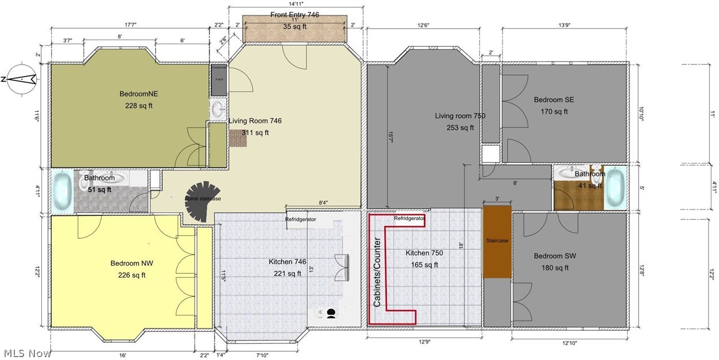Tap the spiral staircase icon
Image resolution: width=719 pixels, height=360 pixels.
(x=203, y=200)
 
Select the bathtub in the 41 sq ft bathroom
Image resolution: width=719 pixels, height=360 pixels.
(x=616, y=187)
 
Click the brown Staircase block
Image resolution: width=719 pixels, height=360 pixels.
(x=496, y=242)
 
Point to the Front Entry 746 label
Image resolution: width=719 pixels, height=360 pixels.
(x=294, y=15)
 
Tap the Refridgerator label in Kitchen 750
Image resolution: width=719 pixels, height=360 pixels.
(x=409, y=219)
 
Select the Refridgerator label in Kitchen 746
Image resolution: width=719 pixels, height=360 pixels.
(x=301, y=219)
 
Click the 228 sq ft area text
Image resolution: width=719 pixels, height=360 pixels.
(x=139, y=106)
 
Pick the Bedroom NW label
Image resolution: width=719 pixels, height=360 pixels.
(x=131, y=264)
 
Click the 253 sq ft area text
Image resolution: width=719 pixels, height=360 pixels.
(x=460, y=127)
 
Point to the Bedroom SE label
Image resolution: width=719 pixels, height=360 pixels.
(x=554, y=100)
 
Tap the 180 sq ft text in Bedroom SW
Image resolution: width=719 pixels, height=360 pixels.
(x=555, y=268)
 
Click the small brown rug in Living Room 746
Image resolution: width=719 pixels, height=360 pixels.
(x=237, y=138)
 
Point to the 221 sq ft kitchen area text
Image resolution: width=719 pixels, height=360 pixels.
(x=287, y=273)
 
